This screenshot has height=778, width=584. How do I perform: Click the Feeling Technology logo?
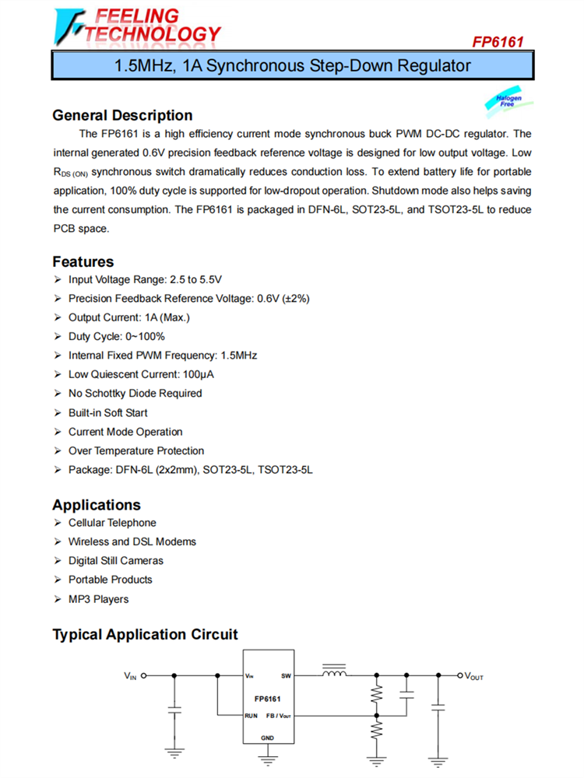[x=137, y=26]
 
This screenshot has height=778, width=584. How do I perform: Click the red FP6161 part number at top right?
[x=498, y=41]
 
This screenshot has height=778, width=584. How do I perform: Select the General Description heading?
[x=122, y=115]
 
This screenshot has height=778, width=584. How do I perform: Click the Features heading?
[x=83, y=261]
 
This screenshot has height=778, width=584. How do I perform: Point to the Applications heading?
[x=97, y=505]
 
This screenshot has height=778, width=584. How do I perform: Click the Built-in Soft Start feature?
[x=107, y=412]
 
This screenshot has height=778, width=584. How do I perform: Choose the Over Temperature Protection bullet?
[x=136, y=450]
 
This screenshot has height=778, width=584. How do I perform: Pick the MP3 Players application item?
[x=98, y=599]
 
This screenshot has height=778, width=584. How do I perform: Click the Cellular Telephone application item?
[x=112, y=523]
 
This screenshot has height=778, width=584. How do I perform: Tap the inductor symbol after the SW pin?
[x=334, y=673]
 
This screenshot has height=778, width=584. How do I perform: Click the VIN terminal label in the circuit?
[x=130, y=676]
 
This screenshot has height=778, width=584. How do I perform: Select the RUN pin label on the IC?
[x=251, y=715]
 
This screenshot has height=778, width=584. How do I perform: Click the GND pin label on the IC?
[x=267, y=737]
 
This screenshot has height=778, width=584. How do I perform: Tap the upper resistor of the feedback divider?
[x=377, y=692]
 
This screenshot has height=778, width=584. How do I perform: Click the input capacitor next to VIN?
[x=174, y=710]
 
